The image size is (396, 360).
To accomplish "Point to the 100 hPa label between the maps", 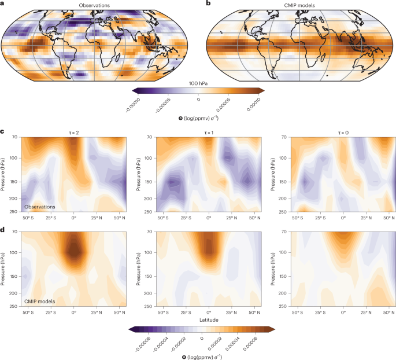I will pos(198,83).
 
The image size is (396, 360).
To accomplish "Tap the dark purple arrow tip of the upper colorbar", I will pos(135,90).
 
